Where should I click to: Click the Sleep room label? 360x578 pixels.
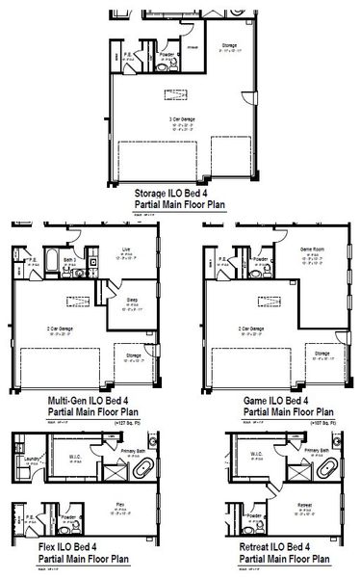pyautogui.click(x=132, y=301)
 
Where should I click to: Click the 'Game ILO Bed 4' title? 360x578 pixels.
pyautogui.click(x=272, y=400)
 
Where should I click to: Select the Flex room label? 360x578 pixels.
pyautogui.click(x=120, y=504)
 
